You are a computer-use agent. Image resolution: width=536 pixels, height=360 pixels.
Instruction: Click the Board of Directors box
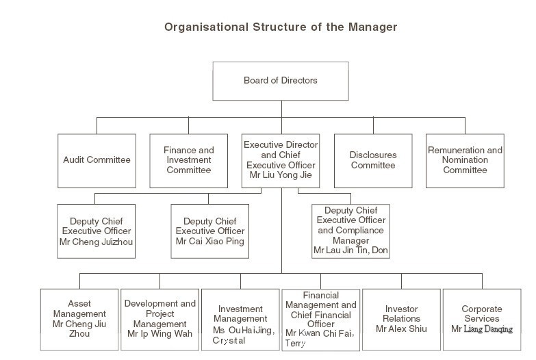pos(281,81)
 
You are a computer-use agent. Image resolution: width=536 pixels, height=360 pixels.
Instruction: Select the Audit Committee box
pos(97,161)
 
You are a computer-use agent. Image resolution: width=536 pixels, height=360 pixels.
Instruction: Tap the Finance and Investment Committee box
pos(189,161)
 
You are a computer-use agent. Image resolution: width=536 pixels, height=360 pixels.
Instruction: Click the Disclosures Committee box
pos(373,161)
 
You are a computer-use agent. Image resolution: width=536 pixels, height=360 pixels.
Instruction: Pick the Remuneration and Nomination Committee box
pos(465,161)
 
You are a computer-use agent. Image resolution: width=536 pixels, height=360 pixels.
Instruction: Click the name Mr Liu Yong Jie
pos(281,175)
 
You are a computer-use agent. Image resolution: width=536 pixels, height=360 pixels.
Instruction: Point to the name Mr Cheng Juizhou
pos(96,242)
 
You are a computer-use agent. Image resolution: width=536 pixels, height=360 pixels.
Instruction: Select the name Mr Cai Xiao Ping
pos(210,242)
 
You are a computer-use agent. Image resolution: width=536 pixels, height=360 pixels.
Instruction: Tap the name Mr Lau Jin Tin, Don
pos(350,250)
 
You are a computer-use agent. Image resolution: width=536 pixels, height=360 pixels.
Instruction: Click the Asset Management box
pos(79,320)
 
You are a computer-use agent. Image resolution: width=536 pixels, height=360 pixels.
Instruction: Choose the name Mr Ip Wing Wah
pos(159,334)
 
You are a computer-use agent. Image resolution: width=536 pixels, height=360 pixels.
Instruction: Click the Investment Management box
pos(240,320)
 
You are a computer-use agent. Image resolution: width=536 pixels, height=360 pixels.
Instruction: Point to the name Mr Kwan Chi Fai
pos(319,333)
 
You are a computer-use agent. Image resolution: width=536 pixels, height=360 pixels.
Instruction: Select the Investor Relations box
pos(401,320)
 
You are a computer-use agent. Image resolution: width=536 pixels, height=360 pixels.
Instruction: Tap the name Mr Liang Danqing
pos(482,329)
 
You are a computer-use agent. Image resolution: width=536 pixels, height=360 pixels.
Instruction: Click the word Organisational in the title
pos(206,27)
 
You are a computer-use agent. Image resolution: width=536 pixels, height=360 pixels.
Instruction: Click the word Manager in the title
pos(372,27)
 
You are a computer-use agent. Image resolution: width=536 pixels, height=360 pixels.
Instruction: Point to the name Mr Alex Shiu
pos(401,329)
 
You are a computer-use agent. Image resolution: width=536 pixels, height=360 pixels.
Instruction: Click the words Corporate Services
pos(482,314)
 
